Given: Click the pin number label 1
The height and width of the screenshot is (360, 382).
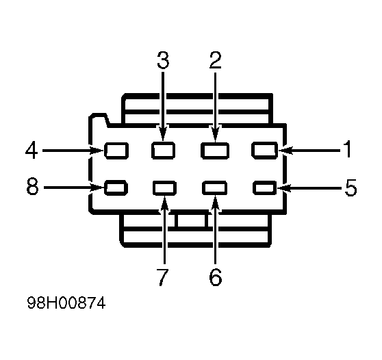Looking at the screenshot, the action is tap(348, 149).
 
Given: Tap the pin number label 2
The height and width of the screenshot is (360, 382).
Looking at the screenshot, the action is tap(216, 60).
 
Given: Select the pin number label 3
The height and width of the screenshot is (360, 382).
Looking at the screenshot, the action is tap(163, 60).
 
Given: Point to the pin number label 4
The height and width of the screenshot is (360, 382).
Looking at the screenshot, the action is tap(31, 151).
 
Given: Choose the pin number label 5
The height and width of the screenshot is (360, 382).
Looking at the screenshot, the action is tap(351, 188).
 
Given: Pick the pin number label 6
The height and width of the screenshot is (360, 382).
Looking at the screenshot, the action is tap(216, 277).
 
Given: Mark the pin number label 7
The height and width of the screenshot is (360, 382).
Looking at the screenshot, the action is tap(162, 277).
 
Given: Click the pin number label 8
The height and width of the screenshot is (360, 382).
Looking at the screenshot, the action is tap(32, 187).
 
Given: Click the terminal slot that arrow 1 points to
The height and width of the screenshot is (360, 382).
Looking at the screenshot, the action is tap(264, 151).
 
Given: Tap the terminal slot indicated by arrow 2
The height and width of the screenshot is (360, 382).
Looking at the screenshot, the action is tap(215, 151).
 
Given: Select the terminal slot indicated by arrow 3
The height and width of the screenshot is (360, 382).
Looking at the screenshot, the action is tap(163, 151).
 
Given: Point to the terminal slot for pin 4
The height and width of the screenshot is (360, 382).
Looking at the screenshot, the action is tap(116, 151).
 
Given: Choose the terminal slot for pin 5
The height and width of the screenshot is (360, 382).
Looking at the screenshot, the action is tap(264, 188).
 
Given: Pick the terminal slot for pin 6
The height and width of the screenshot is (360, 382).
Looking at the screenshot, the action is tap(215, 188).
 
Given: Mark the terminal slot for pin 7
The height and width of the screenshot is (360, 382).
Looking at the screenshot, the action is tap(165, 188).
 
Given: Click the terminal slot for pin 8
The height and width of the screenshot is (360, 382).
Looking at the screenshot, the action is tap(116, 188).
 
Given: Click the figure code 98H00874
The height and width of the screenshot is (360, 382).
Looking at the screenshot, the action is tap(66, 303).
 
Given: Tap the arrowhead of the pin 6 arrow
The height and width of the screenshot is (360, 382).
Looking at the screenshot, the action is tap(216, 203).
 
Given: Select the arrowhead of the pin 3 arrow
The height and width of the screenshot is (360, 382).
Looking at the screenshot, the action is tap(163, 133).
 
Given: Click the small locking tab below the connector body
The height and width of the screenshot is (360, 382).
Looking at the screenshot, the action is tap(191, 220).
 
